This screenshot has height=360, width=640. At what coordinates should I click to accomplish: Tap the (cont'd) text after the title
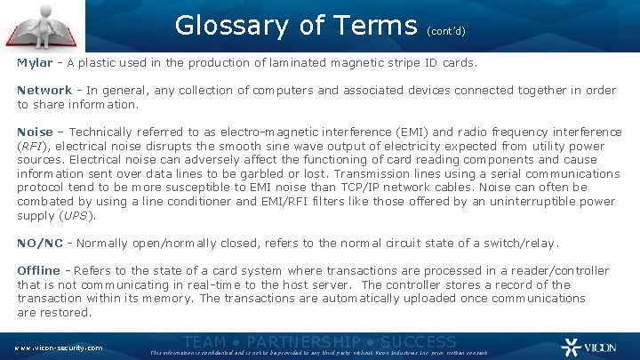pos(446,30)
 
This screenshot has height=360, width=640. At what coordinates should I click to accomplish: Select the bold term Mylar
pos(35,63)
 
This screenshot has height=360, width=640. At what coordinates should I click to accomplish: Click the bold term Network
pos(44,90)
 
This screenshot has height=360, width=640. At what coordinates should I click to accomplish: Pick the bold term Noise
pos(35,132)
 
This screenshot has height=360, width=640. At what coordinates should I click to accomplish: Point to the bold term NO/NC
pos(39,243)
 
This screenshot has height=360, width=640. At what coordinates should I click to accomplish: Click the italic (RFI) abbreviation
pos(32,146)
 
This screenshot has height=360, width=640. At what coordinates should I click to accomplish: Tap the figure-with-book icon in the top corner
pos(43,25)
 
